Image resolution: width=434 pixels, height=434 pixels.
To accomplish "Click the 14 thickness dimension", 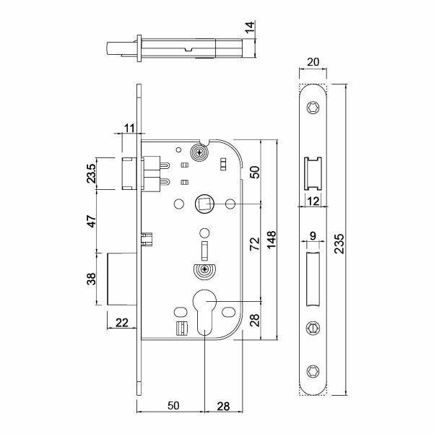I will [250, 28].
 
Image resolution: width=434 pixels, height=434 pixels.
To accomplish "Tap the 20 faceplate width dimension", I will [313, 63].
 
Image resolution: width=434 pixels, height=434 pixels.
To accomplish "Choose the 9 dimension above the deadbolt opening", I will [312, 235].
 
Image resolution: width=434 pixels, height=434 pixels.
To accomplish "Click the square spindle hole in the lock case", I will [204, 204].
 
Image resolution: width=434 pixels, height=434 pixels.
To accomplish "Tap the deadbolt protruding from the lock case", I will [122, 279].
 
